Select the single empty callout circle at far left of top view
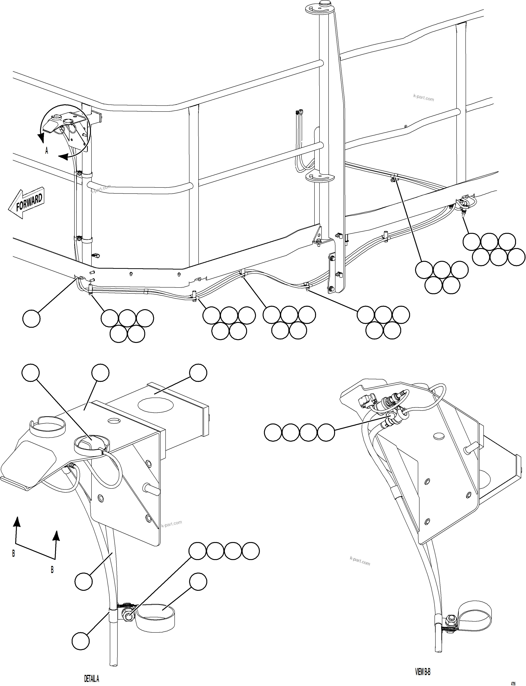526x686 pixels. (x=31, y=318)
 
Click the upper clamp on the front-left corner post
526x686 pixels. (x=79, y=173)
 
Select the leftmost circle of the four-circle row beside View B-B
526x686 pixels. (x=273, y=433)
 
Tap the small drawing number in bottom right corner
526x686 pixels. (x=513, y=682)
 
